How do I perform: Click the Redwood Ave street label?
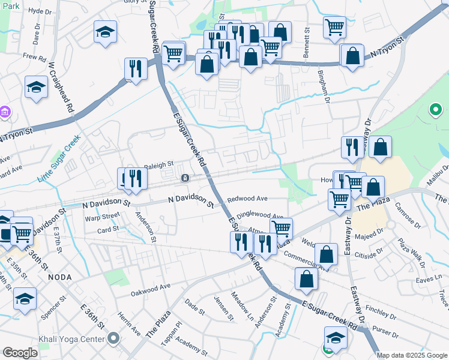coord(247,198)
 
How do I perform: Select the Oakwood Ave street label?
coord(151,290)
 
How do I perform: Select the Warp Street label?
coord(102,216)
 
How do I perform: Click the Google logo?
coord(20,352)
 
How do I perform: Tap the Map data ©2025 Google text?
coord(412,355)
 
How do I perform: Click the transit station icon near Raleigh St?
coord(185,178)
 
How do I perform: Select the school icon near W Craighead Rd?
coord(36,88)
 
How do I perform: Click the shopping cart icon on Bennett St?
coord(334,26)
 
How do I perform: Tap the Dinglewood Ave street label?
coord(259,215)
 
